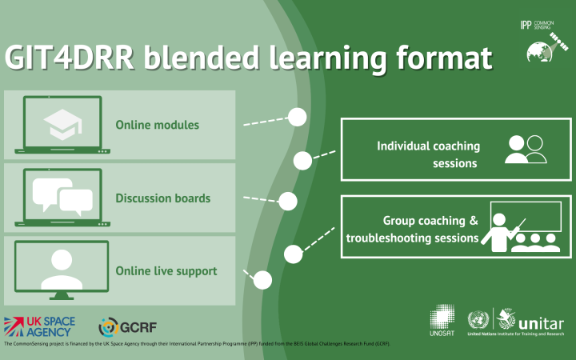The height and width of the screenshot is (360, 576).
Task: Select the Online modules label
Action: tap(157, 125)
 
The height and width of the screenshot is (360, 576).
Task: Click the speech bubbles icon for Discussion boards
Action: tap(63, 194)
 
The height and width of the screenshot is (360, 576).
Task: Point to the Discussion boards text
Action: tap(163, 198)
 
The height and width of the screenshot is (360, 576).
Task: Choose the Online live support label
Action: tap(166, 270)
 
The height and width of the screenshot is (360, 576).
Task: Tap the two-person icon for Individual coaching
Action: tap(526, 150)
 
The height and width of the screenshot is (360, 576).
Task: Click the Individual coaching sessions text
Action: tap(428, 154)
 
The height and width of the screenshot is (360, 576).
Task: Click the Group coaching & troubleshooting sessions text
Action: tap(412, 229)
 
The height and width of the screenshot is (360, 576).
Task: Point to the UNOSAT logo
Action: tap(446, 322)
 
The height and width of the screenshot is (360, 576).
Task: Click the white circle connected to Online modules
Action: tap(297, 117)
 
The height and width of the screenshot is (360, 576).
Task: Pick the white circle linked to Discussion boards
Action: tap(287, 200)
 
